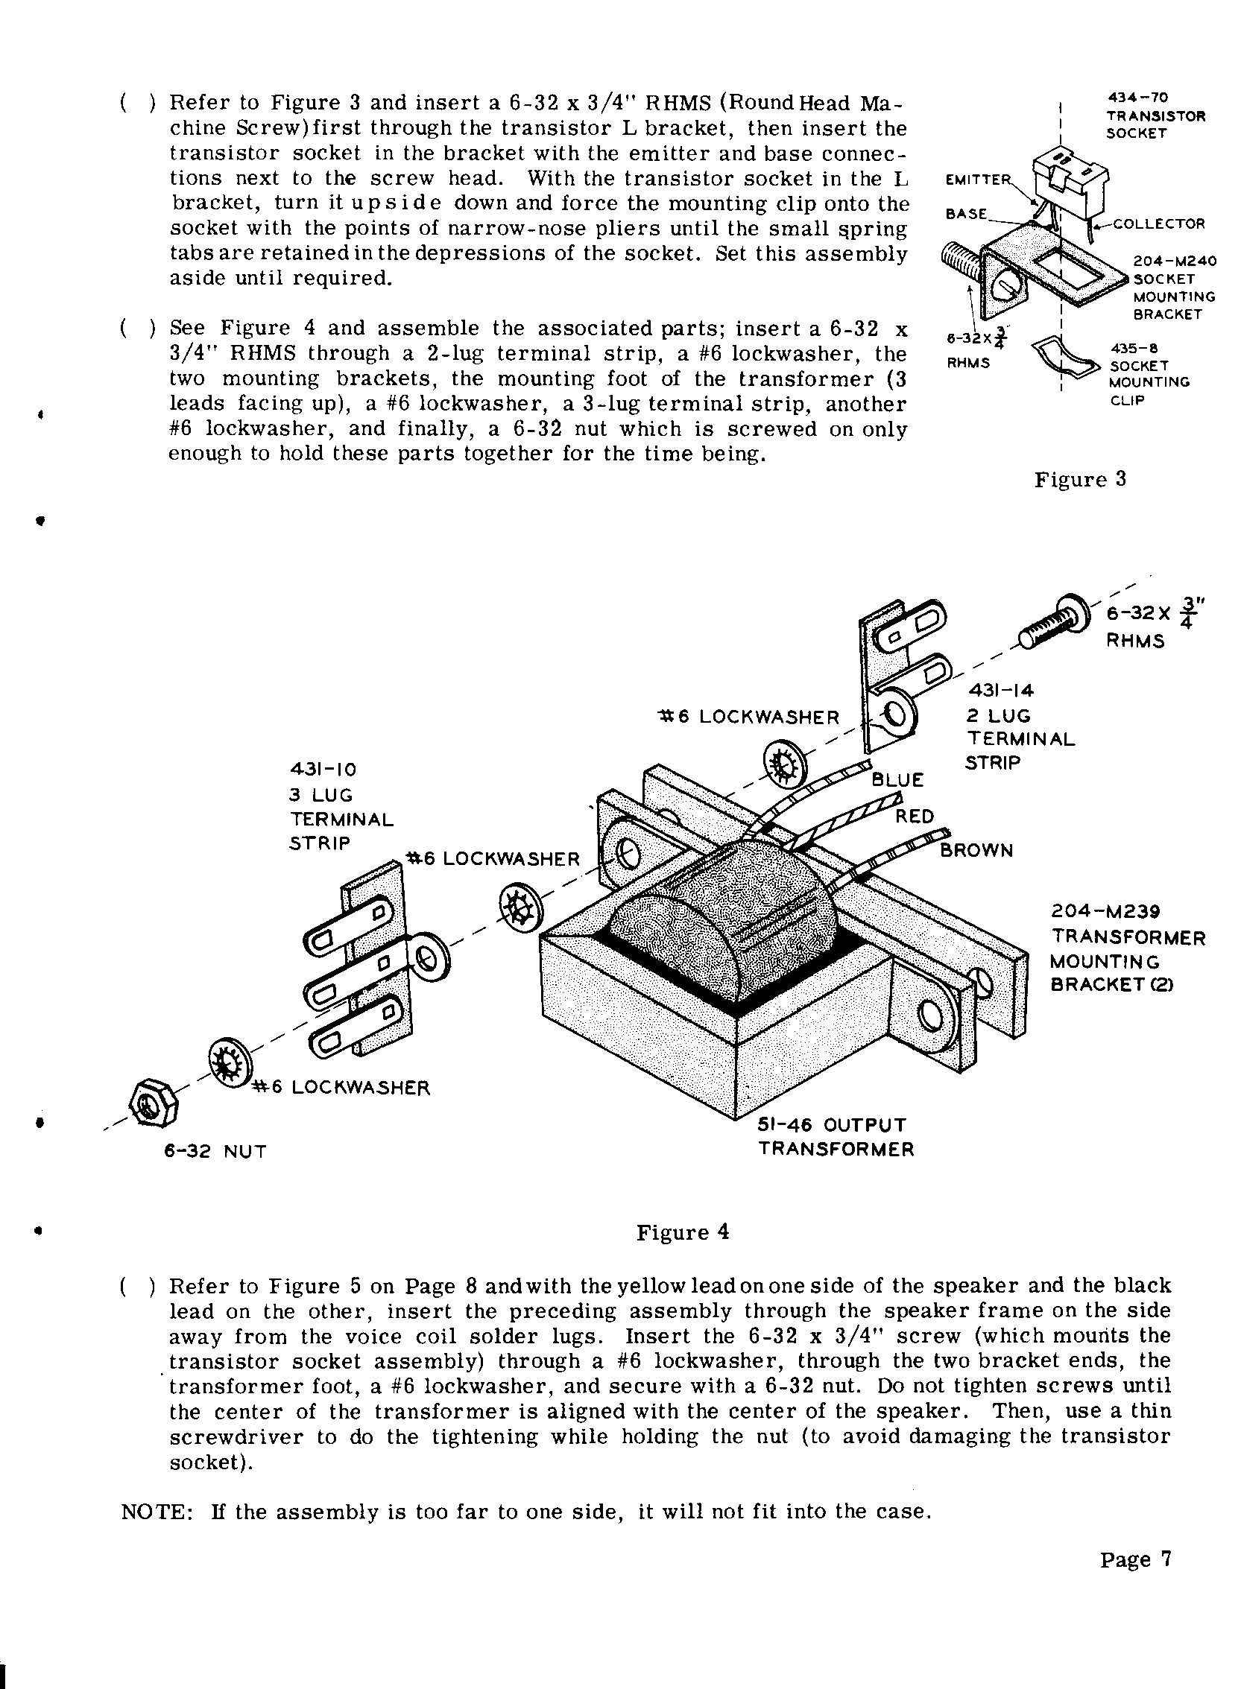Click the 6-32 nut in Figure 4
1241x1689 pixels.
pyautogui.click(x=154, y=1105)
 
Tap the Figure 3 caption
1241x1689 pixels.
pyautogui.click(x=1079, y=480)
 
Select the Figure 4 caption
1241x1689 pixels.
pyautogui.click(x=683, y=1232)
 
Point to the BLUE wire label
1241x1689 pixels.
pyautogui.click(x=897, y=779)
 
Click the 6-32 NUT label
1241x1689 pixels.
pyautogui.click(x=215, y=1151)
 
